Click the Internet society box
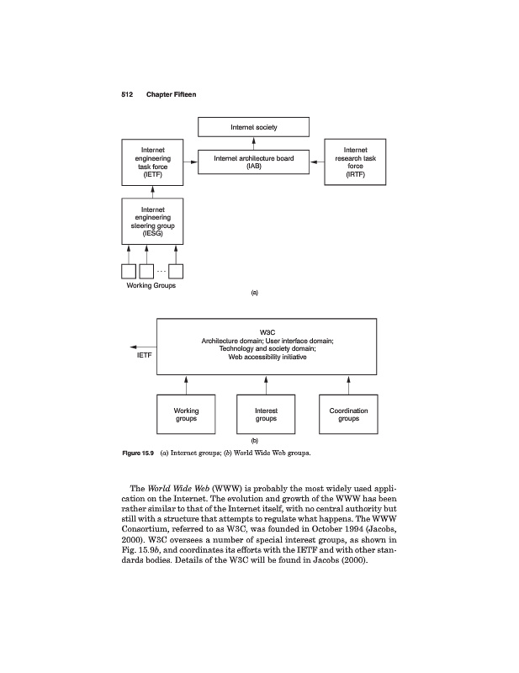pos(254,127)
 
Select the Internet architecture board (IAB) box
pos(254,162)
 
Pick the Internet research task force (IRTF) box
pos(355,162)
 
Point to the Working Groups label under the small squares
pos(151,284)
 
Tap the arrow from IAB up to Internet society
pos(254,144)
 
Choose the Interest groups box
pos(266,414)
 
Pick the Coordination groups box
pos(348,414)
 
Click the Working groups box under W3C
pos(186,414)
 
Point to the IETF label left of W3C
pos(146,355)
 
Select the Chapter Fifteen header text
pos(171,93)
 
